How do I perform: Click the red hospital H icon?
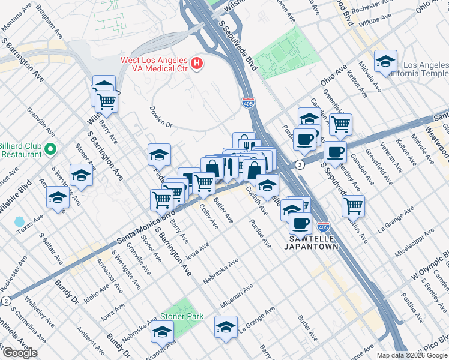[196, 63]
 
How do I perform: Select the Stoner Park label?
[182, 316]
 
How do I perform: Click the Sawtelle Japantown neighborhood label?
[310, 242]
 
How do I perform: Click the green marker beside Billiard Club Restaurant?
[50, 149]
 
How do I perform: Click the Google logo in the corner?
[19, 353]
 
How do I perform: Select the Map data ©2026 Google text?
[412, 355]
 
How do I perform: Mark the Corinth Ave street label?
[255, 200]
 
